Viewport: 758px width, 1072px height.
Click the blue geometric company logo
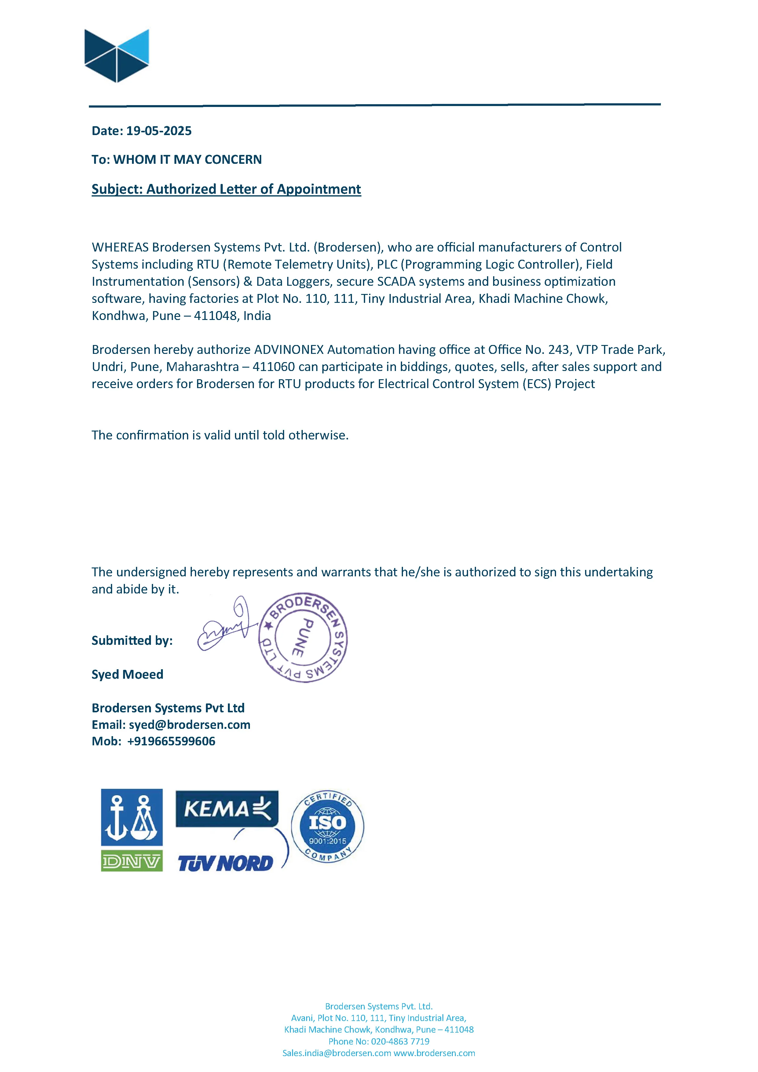[117, 56]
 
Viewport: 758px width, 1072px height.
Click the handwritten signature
[224, 626]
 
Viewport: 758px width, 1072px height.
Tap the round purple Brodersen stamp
[303, 638]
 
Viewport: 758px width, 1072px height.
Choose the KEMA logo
[227, 809]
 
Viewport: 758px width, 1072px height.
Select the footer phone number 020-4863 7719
[400, 1041]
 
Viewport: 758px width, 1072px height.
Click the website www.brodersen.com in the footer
[434, 1053]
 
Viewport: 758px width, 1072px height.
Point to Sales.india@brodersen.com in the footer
[336, 1053]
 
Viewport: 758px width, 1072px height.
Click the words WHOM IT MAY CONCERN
[187, 160]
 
